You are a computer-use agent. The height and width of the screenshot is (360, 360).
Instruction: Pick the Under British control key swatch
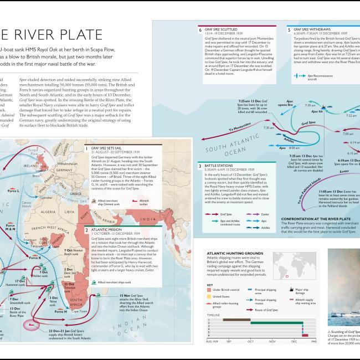click(208, 289)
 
